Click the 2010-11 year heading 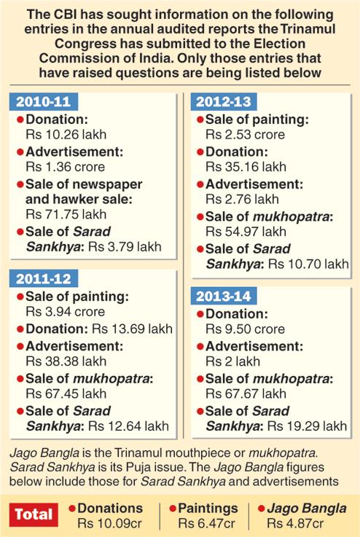44,102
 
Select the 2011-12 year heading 44,278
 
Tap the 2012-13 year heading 223,102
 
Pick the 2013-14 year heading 223,296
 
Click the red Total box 34,514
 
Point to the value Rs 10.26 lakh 66,135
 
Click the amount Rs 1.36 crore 66,167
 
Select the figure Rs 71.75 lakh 66,214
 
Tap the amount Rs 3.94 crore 66,312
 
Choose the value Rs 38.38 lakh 66,361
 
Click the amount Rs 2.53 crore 246,135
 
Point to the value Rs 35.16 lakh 246,167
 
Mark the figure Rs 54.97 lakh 246,232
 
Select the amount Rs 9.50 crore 246,329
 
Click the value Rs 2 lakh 233,361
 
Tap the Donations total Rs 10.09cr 109,524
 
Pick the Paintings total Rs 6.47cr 206,524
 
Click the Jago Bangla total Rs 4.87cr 295,524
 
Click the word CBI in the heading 66,15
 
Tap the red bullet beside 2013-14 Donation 200,314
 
